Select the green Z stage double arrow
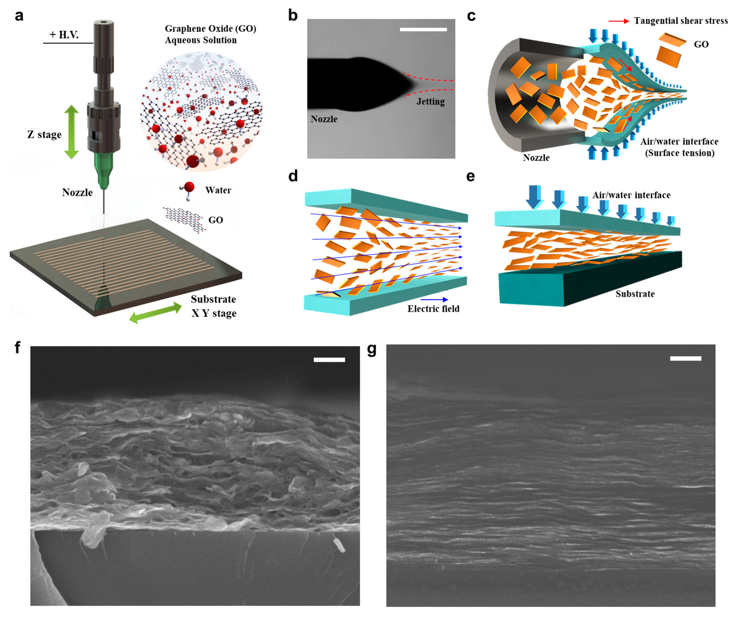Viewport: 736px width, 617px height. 71,132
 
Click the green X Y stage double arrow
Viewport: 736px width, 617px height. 156,313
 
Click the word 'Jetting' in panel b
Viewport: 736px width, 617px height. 430,102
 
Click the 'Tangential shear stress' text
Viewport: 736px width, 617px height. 681,21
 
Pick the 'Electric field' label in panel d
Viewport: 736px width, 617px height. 433,309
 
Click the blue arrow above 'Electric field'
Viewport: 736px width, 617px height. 434,300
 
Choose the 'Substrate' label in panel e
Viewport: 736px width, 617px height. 635,294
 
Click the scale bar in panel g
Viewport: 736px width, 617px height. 686,358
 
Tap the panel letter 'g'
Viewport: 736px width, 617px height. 372,349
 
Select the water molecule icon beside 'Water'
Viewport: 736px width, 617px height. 188,189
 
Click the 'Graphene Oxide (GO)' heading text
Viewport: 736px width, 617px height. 210,29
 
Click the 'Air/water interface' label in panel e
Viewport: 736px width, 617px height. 631,195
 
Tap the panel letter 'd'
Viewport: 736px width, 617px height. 293,176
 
